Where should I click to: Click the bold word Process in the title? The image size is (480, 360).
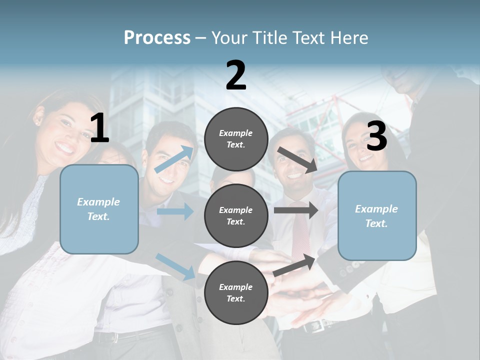[x=157, y=37]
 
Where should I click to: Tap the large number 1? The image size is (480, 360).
[x=99, y=128]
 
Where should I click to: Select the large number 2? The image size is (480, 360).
[x=236, y=75]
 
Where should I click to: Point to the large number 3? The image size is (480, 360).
[x=376, y=136]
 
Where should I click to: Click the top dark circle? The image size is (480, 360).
[x=236, y=139]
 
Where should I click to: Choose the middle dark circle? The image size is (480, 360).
[x=236, y=215]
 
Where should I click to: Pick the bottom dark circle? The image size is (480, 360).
[x=236, y=292]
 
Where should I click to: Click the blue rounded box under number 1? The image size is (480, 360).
[x=99, y=209]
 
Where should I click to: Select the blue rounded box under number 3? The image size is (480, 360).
[x=377, y=215]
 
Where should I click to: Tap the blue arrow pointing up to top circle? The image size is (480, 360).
[x=173, y=159]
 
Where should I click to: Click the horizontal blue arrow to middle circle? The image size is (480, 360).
[x=175, y=211]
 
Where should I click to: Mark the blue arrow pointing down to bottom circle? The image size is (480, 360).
[x=175, y=266]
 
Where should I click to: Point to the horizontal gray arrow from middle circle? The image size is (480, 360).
[x=296, y=210]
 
